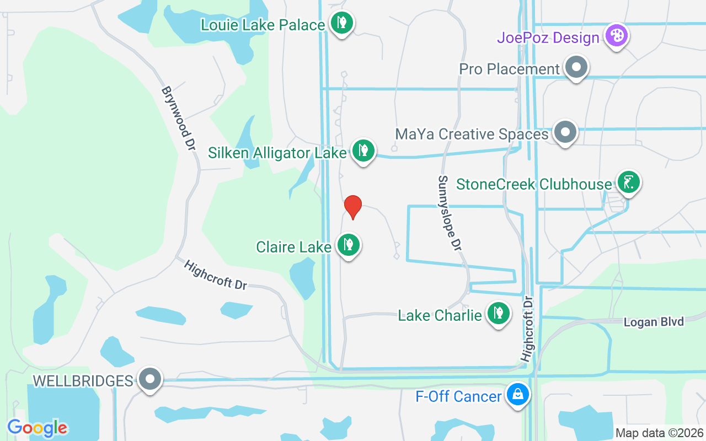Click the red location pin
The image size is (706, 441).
pos(353,206)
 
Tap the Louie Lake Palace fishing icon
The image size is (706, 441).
pos(342,23)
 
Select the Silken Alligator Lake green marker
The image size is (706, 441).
pos(363,149)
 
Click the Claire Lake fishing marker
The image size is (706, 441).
pos(349,244)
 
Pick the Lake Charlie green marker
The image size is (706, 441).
pos(499,313)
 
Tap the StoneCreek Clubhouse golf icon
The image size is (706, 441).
pos(628,181)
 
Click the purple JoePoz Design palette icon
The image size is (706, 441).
pos(617,36)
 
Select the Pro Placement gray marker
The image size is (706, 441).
pos(576,67)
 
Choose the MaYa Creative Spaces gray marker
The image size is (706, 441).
pos(565,132)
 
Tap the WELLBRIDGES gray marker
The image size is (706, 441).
pos(150,379)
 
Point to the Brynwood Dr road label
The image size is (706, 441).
pos(179,119)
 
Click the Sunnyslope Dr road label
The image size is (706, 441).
pos(450,213)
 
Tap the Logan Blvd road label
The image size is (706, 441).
pos(654,322)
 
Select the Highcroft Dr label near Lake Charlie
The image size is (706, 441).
pos(527,330)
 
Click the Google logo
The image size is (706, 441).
pos(38,428)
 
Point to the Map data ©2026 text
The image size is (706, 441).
pos(659,433)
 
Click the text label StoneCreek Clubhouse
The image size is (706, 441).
pos(534,184)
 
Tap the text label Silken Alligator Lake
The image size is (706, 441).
pos(277,153)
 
